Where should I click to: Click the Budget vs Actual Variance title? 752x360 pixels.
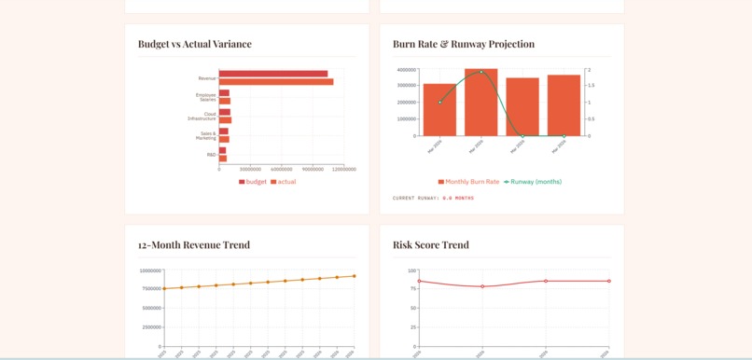click(194, 44)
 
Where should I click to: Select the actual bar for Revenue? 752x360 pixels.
click(275, 82)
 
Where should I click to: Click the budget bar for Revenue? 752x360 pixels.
click(272, 74)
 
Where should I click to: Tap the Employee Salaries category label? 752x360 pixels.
click(205, 97)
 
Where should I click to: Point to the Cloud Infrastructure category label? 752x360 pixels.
click(202, 117)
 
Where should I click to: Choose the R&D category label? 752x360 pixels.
click(211, 155)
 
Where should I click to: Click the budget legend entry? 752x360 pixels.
click(253, 182)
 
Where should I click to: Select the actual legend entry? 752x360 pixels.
click(284, 182)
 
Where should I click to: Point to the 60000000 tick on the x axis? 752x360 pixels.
click(281, 170)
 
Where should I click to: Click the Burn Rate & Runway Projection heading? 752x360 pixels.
click(464, 44)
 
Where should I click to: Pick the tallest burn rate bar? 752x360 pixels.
click(481, 103)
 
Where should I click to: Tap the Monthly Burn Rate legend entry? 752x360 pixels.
click(469, 182)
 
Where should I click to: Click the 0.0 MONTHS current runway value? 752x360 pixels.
click(458, 198)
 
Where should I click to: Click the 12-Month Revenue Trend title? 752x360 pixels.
click(194, 245)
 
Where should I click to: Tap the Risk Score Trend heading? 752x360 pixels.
click(431, 245)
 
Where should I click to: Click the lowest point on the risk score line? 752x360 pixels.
click(482, 286)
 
